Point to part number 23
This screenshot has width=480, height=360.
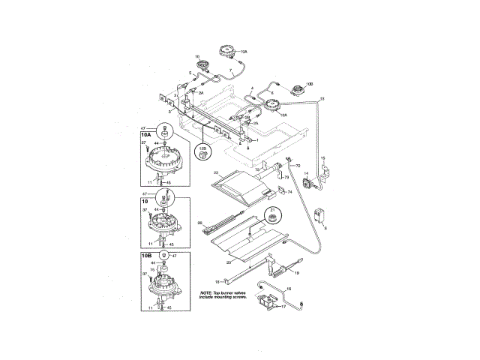pos(215,173)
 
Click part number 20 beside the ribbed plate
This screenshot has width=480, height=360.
pos(229,263)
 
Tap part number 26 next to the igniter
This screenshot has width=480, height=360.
pos(200,223)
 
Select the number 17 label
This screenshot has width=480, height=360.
pos(284,307)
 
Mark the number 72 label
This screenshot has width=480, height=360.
pos(298,165)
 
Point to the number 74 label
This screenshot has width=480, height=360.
pos(290,192)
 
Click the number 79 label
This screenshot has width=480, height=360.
pos(286,177)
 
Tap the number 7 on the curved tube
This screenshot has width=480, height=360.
pos(231,70)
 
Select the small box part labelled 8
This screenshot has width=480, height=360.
pos(321,214)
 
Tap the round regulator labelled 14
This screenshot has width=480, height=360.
pos(306,182)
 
